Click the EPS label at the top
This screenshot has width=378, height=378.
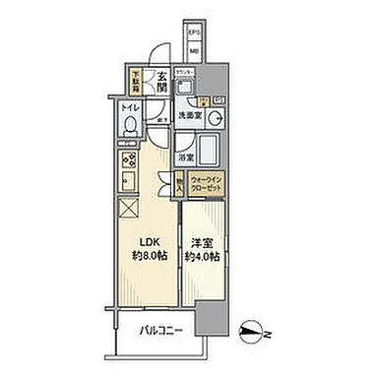click(194, 32)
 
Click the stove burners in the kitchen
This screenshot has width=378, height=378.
click(130, 158)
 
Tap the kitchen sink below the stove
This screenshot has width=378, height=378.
click(129, 180)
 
